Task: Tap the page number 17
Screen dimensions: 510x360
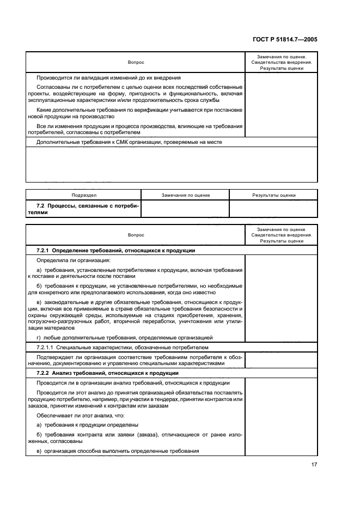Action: (x=314, y=464)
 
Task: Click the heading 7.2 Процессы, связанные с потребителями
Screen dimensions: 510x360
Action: (x=83, y=209)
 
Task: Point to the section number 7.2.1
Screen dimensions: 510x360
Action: (x=42, y=250)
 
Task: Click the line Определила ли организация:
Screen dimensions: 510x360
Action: (x=65, y=260)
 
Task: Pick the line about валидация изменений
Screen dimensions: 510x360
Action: (x=108, y=77)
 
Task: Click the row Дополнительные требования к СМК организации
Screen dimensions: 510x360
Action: (x=129, y=142)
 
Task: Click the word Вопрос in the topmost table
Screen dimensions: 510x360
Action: (x=136, y=62)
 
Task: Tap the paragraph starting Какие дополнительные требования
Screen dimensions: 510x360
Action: (x=136, y=113)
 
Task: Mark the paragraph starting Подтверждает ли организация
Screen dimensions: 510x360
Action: (x=136, y=360)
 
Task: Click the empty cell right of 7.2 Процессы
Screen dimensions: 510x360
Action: (x=185, y=209)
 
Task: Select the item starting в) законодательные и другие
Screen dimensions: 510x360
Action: (x=136, y=314)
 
